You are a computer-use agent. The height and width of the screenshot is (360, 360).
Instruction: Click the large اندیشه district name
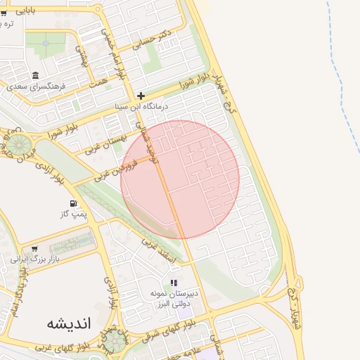click(69, 323)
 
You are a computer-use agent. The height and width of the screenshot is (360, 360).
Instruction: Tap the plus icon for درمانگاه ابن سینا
click(141, 96)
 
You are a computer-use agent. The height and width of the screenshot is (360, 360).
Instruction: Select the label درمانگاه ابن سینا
click(143, 106)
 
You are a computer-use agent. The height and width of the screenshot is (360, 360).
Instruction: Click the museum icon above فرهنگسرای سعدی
click(35, 76)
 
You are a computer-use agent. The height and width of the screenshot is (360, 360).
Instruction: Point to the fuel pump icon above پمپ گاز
click(74, 205)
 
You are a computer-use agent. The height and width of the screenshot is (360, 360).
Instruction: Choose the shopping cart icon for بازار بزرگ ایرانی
click(34, 248)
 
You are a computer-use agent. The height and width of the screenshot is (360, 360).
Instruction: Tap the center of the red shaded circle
click(180, 179)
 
